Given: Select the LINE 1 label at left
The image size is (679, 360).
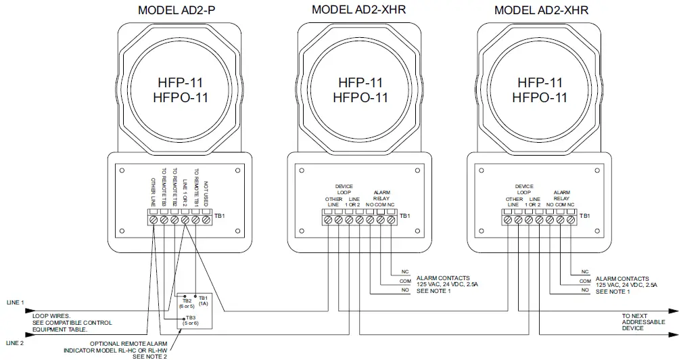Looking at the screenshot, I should point(15,302).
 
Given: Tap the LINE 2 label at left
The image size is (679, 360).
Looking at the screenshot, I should point(15,343).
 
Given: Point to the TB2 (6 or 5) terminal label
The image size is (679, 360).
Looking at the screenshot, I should point(185,302).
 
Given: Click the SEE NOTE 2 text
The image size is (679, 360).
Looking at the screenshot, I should point(149,356).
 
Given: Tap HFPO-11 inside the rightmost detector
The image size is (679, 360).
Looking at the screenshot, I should point(538,97).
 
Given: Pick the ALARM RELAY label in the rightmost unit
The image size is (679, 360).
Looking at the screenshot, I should point(562,196).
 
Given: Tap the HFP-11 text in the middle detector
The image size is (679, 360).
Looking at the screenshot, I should point(360,83).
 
